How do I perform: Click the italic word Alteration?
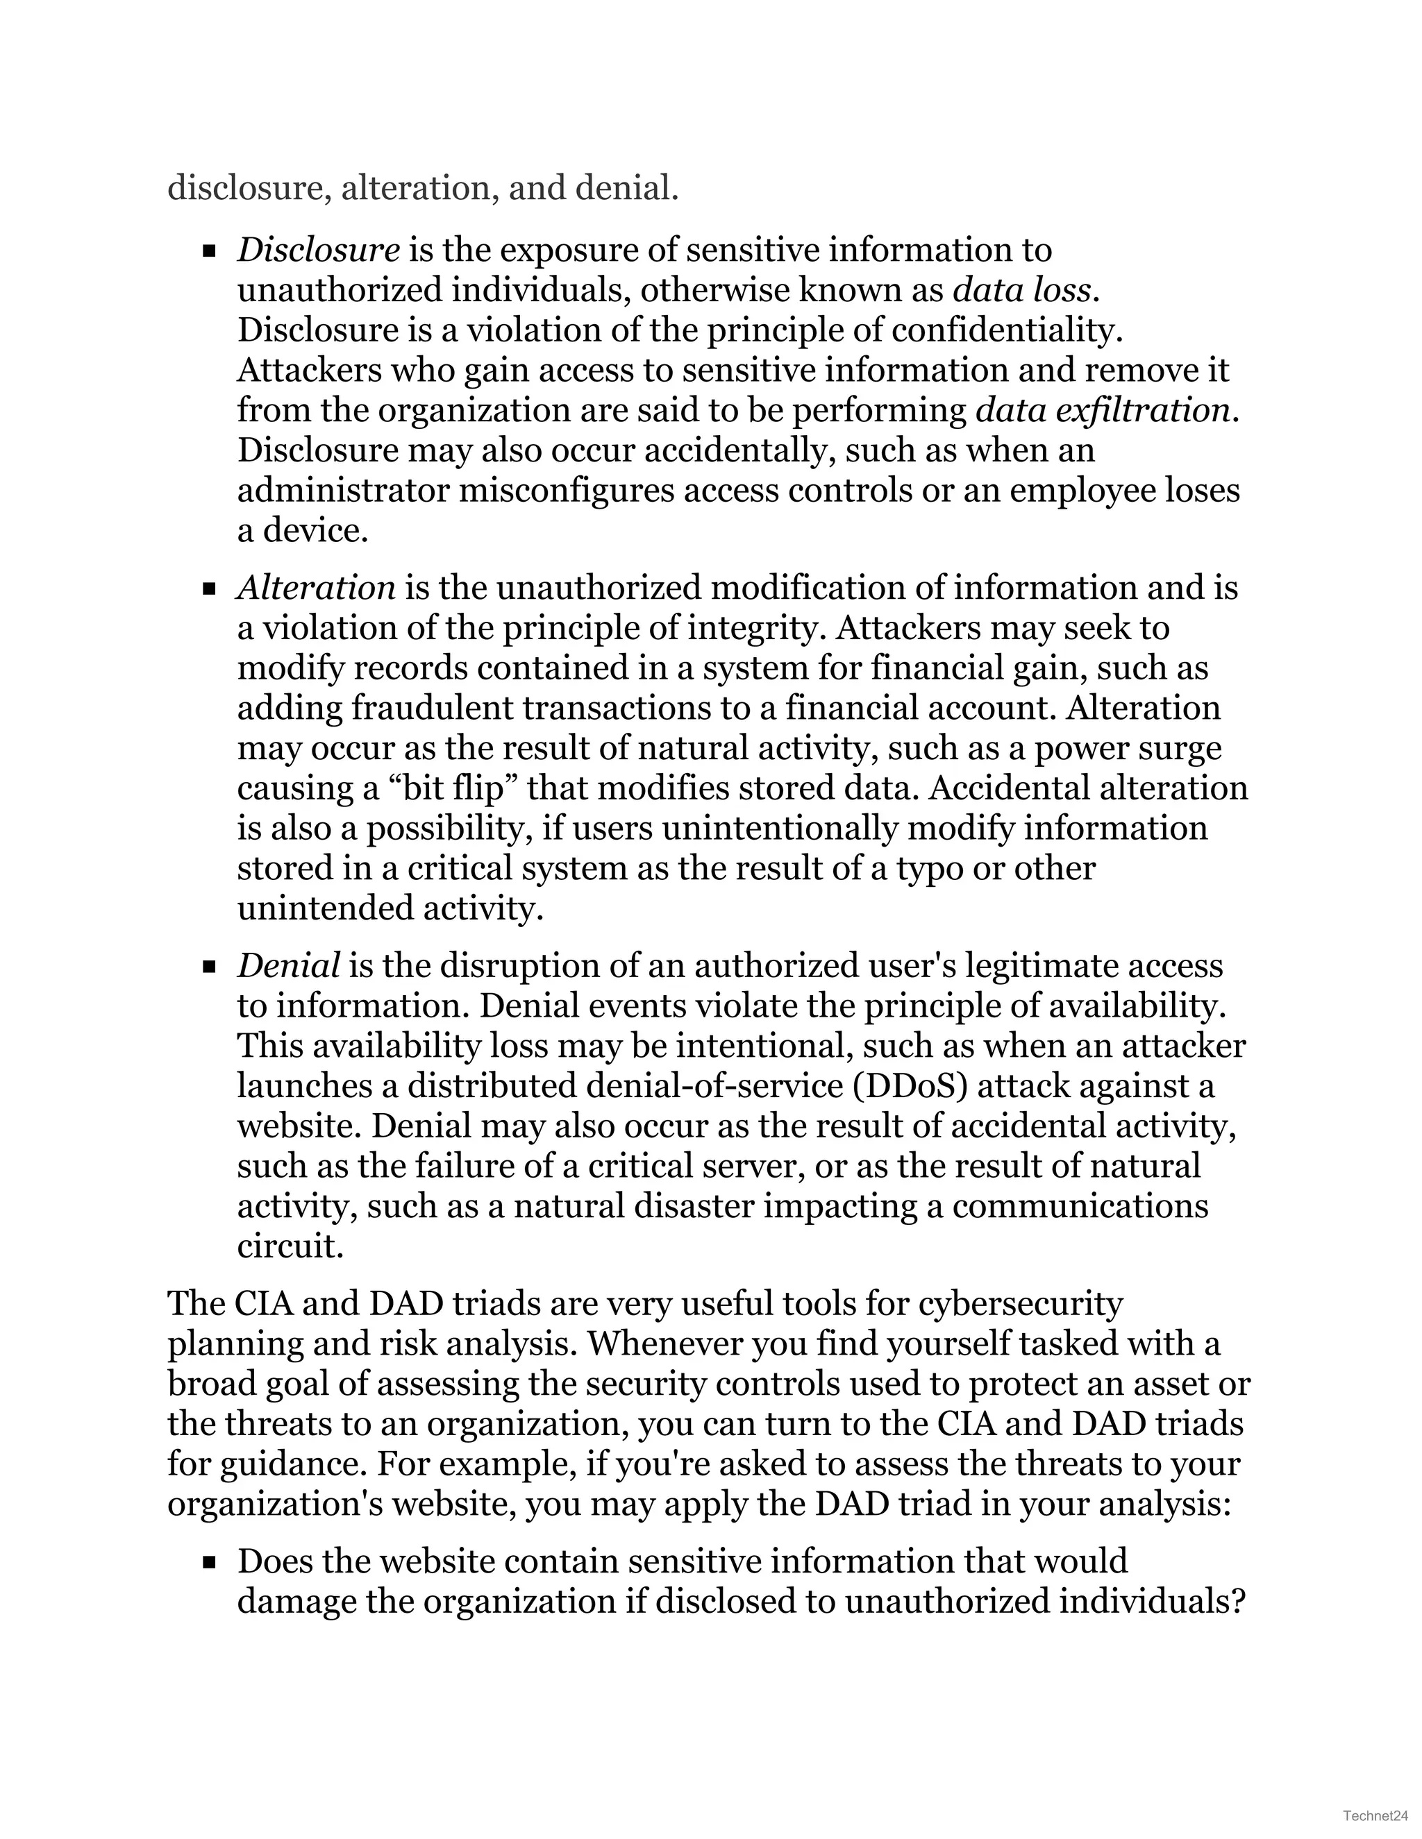[x=316, y=588]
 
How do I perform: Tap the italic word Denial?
[x=288, y=966]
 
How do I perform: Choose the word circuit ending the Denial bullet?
[x=289, y=1246]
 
